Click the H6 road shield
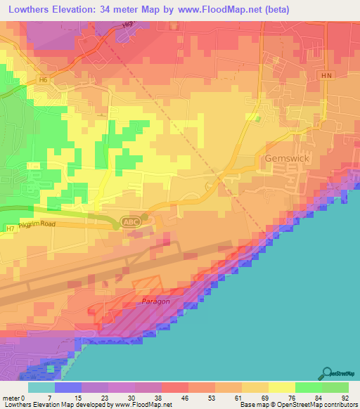pos(44,80)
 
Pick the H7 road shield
pos(10,228)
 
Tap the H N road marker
pos(325,74)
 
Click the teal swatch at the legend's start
pos(41,387)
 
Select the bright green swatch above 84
pos(309,387)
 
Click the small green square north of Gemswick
pos(257,118)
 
